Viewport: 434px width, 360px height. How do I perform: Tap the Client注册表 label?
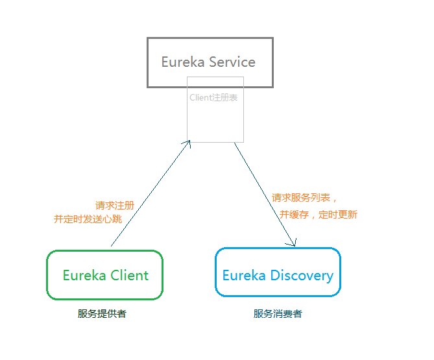(213, 98)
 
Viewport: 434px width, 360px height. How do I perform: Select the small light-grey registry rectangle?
(215, 123)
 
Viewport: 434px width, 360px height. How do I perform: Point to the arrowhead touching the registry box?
(188, 143)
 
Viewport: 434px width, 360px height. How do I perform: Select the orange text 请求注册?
(115, 205)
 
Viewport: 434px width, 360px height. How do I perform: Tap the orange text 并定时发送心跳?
(88, 219)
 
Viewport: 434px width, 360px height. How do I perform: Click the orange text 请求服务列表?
(302, 198)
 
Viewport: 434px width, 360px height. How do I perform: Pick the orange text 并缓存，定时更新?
(319, 215)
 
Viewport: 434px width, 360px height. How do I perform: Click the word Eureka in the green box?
(84, 275)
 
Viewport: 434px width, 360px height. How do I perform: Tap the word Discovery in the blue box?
(302, 275)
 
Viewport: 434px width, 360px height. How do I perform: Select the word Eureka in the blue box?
(244, 275)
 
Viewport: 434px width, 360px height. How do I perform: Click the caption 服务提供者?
(102, 314)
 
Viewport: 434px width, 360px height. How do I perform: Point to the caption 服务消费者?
(278, 314)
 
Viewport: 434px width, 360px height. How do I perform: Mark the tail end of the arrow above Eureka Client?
(112, 246)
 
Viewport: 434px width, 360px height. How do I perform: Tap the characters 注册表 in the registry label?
(225, 98)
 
